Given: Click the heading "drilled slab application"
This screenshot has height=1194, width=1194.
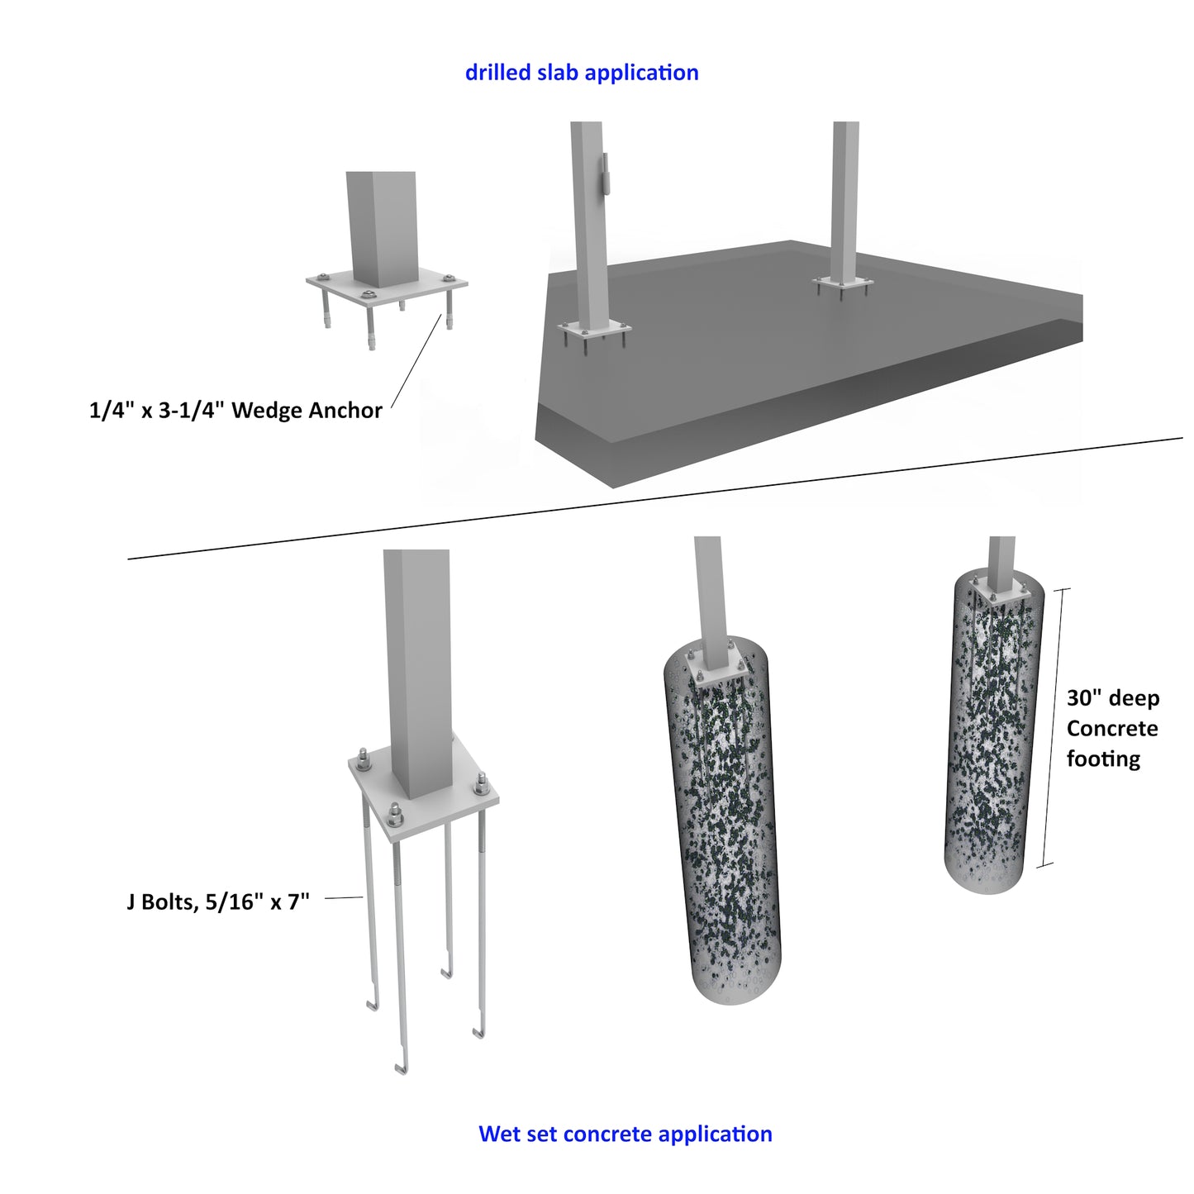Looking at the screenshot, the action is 582,73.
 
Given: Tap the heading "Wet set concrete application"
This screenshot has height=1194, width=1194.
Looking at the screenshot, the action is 626,1134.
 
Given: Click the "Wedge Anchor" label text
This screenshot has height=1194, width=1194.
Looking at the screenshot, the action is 306,411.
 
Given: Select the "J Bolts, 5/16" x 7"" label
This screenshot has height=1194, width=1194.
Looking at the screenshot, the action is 218,901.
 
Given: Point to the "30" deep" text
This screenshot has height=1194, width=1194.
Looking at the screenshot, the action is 1113,698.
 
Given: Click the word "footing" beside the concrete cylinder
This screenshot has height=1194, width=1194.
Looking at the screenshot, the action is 1103,759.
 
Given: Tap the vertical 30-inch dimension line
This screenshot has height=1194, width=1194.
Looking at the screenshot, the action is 1054,727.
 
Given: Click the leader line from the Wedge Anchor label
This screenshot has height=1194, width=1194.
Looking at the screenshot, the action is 416,360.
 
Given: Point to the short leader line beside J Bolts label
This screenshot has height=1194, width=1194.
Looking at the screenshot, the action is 344,897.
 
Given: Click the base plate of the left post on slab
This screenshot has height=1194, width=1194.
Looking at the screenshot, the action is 593,329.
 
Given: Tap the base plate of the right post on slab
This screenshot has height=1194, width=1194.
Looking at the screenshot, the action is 843,283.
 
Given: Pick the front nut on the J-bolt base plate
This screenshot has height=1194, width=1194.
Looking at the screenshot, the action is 394,815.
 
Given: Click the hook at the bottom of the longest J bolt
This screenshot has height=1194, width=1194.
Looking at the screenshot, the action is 401,1068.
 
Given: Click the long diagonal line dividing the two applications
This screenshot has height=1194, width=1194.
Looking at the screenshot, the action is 655,499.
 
